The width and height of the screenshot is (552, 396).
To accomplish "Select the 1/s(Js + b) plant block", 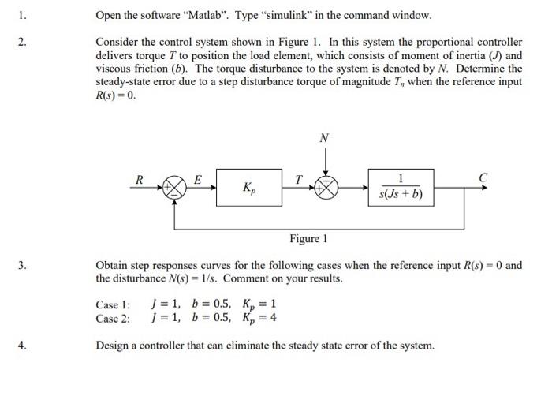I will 401,188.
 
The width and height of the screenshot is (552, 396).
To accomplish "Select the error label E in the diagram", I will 198,179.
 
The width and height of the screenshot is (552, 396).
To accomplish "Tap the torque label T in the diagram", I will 298,179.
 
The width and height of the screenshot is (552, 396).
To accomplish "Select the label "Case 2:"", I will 113,318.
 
